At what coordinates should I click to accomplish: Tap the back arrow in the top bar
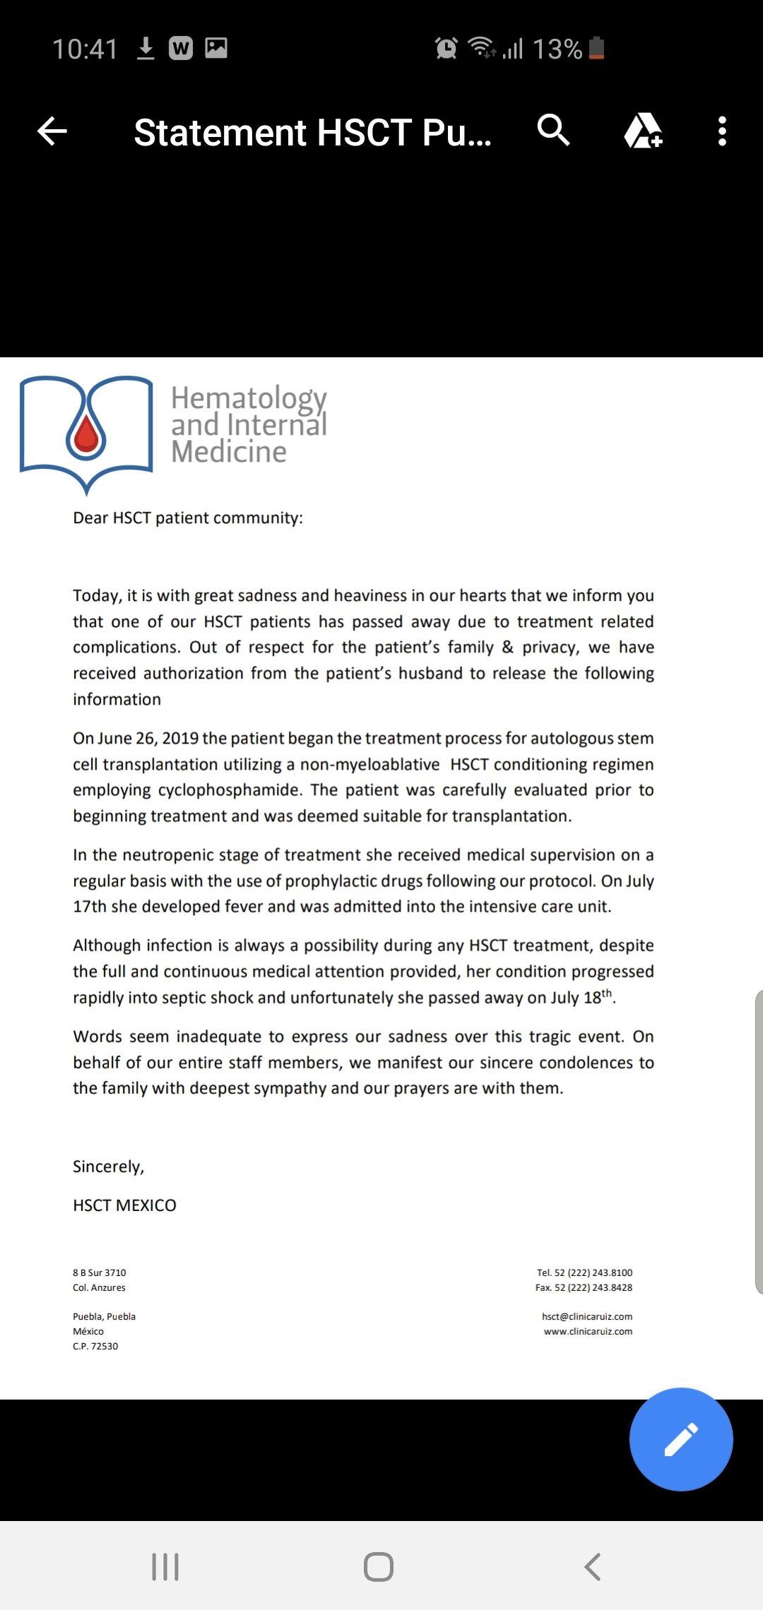click(x=52, y=131)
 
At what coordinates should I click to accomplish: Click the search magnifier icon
click(x=553, y=130)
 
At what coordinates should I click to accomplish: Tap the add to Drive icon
click(x=642, y=131)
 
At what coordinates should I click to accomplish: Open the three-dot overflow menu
click(x=721, y=131)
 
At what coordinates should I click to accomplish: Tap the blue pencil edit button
click(x=681, y=1439)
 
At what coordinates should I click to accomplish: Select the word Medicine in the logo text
click(x=229, y=452)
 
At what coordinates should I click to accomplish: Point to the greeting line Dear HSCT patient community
click(x=188, y=518)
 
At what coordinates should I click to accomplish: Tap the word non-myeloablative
click(x=369, y=764)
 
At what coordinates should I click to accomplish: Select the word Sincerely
click(x=108, y=1167)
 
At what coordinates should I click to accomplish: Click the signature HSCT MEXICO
click(x=124, y=1205)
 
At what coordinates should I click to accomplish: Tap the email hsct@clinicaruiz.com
click(x=586, y=1316)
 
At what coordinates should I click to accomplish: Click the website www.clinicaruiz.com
click(x=588, y=1331)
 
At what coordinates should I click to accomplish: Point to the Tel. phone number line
click(x=584, y=1272)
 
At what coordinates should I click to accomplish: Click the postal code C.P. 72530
click(x=95, y=1346)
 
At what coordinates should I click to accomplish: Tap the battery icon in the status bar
click(x=596, y=48)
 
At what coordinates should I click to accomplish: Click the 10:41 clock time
click(x=85, y=49)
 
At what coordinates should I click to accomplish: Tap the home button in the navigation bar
click(x=379, y=1566)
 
